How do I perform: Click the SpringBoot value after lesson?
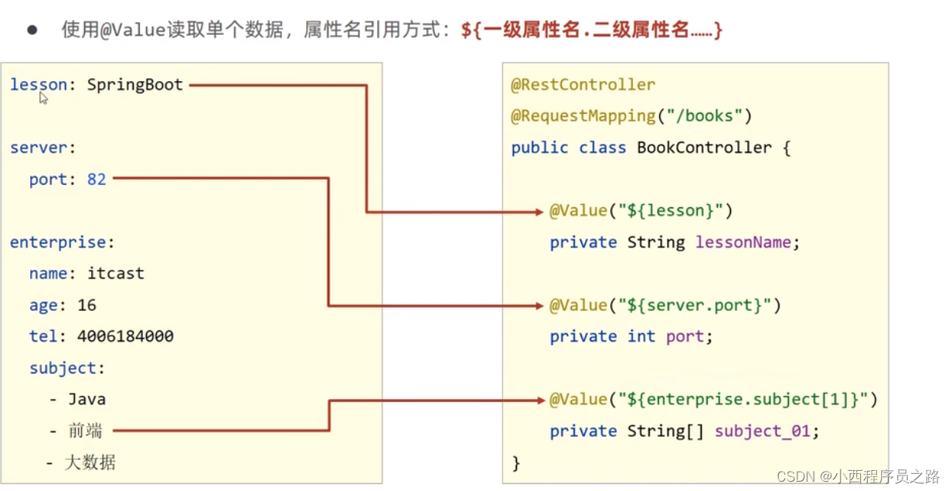tap(134, 85)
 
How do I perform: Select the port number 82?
tap(97, 179)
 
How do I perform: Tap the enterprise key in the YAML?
tap(58, 242)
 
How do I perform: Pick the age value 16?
tap(87, 305)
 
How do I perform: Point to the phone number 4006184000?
tap(125, 336)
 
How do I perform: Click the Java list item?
tap(87, 400)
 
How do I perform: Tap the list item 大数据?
tap(90, 462)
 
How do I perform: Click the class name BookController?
tap(704, 148)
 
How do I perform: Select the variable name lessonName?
tap(743, 242)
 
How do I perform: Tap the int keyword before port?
tap(641, 336)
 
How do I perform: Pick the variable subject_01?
tap(762, 431)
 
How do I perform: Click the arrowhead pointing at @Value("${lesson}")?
tap(539, 211)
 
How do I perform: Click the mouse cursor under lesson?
tap(44, 98)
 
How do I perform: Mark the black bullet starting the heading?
tap(32, 30)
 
